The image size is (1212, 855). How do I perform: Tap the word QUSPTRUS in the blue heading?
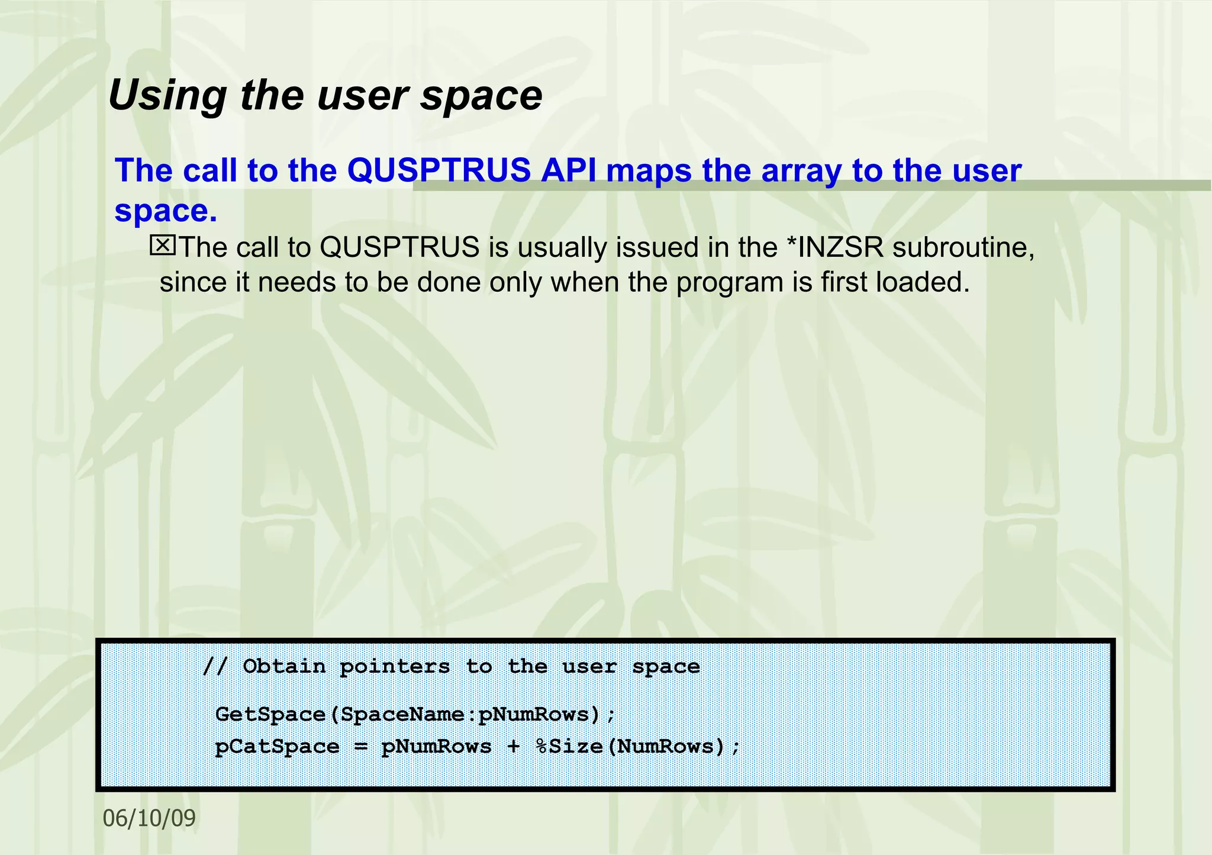click(x=439, y=171)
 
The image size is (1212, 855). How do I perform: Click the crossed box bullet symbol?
click(x=162, y=245)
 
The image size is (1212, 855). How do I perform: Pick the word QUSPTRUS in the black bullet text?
click(x=399, y=247)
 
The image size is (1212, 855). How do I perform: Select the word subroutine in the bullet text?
click(x=963, y=247)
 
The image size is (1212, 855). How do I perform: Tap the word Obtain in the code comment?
click(x=284, y=667)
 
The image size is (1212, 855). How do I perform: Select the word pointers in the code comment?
click(x=395, y=667)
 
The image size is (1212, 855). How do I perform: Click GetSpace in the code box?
click(x=270, y=715)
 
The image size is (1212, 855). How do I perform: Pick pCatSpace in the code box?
click(x=277, y=747)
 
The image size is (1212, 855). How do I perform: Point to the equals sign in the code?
click(x=360, y=747)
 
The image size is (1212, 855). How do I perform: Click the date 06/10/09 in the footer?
click(x=149, y=818)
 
